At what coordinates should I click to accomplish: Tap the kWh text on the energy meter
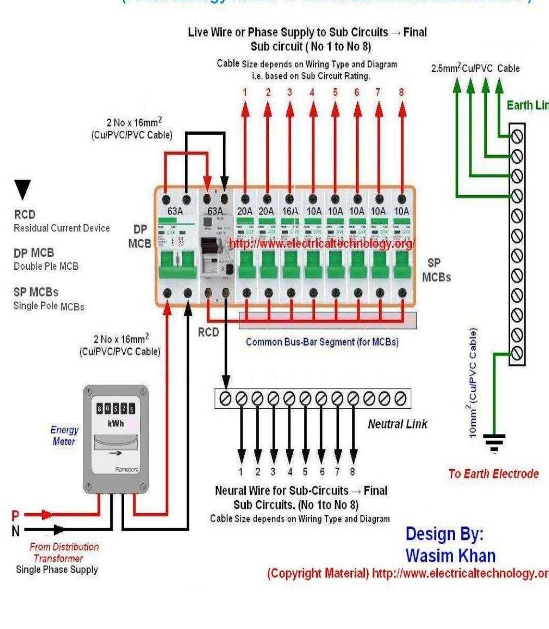pyautogui.click(x=115, y=424)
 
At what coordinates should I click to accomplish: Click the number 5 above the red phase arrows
pyautogui.click(x=335, y=93)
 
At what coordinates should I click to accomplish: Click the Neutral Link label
pyautogui.click(x=397, y=424)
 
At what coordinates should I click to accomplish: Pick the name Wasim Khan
pyautogui.click(x=451, y=556)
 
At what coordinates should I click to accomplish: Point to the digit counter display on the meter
pyautogui.click(x=115, y=409)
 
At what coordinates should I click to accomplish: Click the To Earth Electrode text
pyautogui.click(x=493, y=474)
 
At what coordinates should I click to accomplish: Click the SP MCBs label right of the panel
pyautogui.click(x=436, y=270)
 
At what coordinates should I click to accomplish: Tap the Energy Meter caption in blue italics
pyautogui.click(x=64, y=436)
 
